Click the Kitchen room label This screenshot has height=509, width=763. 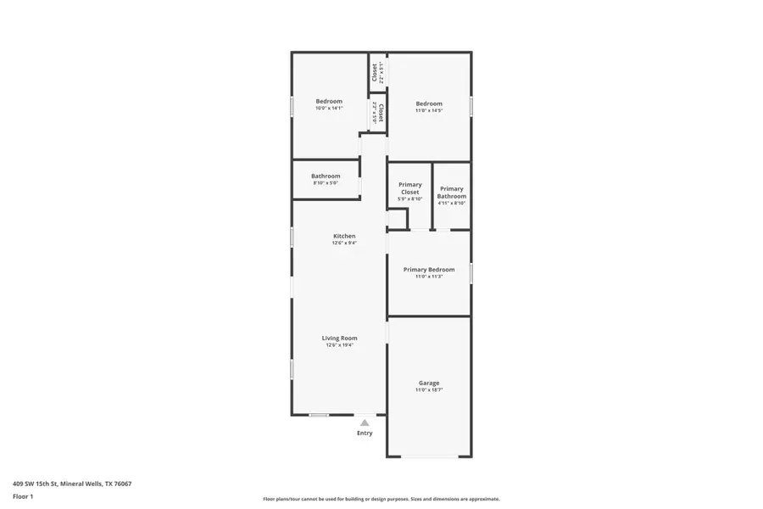[x=344, y=236]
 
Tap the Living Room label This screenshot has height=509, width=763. [x=339, y=338]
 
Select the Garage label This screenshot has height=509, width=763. [x=429, y=383]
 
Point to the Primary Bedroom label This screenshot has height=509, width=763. [x=429, y=270]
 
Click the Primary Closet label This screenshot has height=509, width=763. [x=410, y=188]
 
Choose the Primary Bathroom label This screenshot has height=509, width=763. [x=452, y=193]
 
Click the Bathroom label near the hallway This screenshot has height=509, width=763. [x=326, y=176]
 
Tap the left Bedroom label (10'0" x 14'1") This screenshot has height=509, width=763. [x=329, y=101]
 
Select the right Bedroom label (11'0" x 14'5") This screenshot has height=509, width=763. [x=429, y=103]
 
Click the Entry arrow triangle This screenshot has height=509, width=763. [x=365, y=422]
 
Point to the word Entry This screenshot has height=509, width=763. [x=365, y=433]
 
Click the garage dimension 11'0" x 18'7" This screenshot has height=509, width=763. [x=429, y=390]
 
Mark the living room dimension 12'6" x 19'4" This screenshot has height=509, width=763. [x=339, y=345]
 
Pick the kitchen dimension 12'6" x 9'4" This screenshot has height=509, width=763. [x=344, y=243]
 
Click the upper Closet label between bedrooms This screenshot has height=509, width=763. [x=374, y=72]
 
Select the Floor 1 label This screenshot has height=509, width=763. [x=23, y=496]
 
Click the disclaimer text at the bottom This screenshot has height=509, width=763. [x=381, y=499]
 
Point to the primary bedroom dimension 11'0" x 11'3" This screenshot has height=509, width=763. [x=429, y=277]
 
